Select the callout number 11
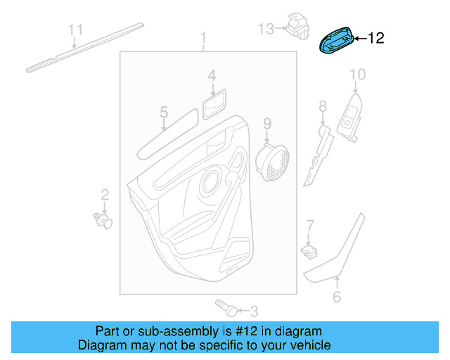coord(75,30)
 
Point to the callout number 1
coord(204,37)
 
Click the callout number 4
coord(212,75)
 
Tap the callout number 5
coord(163,112)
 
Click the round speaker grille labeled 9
coord(275,162)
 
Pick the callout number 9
coord(267,124)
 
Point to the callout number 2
coord(104,195)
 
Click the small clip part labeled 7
coord(307,248)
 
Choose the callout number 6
coord(336,297)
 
